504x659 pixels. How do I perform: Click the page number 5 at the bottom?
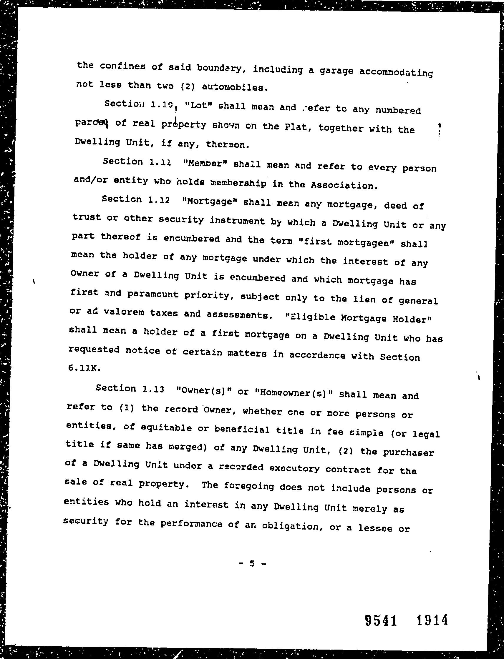pos(252,563)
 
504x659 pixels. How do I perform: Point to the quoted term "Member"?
pos(205,164)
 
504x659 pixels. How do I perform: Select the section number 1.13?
pos(153,389)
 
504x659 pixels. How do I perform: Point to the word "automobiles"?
pos(234,87)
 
